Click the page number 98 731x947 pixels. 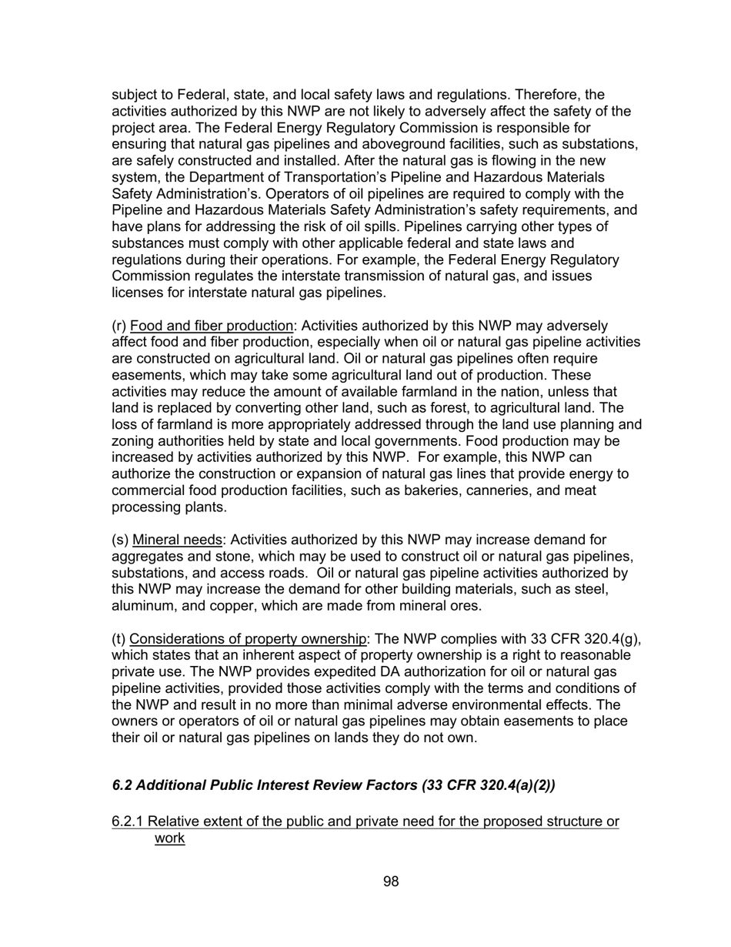click(x=391, y=882)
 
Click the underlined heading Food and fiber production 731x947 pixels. click(x=212, y=326)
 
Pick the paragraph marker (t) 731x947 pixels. click(x=119, y=639)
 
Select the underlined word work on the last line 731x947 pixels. click(x=169, y=838)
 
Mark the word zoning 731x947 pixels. click(x=133, y=442)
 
